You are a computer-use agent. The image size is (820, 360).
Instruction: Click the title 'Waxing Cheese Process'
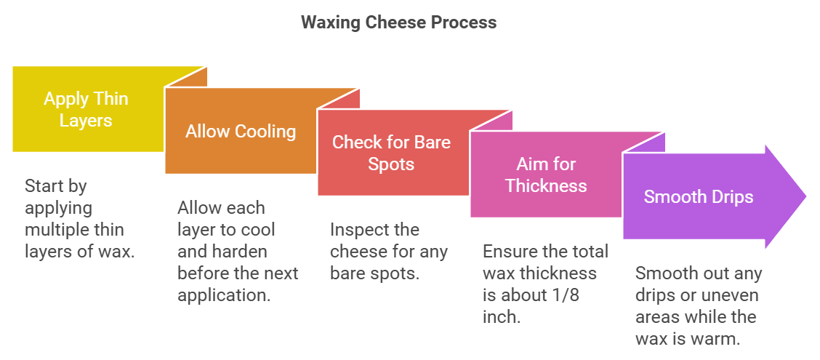[398, 23]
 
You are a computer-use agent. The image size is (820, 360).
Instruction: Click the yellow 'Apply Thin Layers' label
[86, 109]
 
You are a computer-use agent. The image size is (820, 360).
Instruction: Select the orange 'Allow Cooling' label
[241, 132]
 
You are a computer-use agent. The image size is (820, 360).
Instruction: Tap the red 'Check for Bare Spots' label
[391, 152]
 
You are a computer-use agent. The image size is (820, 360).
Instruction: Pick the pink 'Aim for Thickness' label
[546, 175]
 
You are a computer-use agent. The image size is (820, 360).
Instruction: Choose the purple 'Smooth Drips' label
[698, 196]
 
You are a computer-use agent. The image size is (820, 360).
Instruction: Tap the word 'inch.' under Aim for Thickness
[501, 317]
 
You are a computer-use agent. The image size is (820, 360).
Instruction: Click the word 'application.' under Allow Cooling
[222, 295]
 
